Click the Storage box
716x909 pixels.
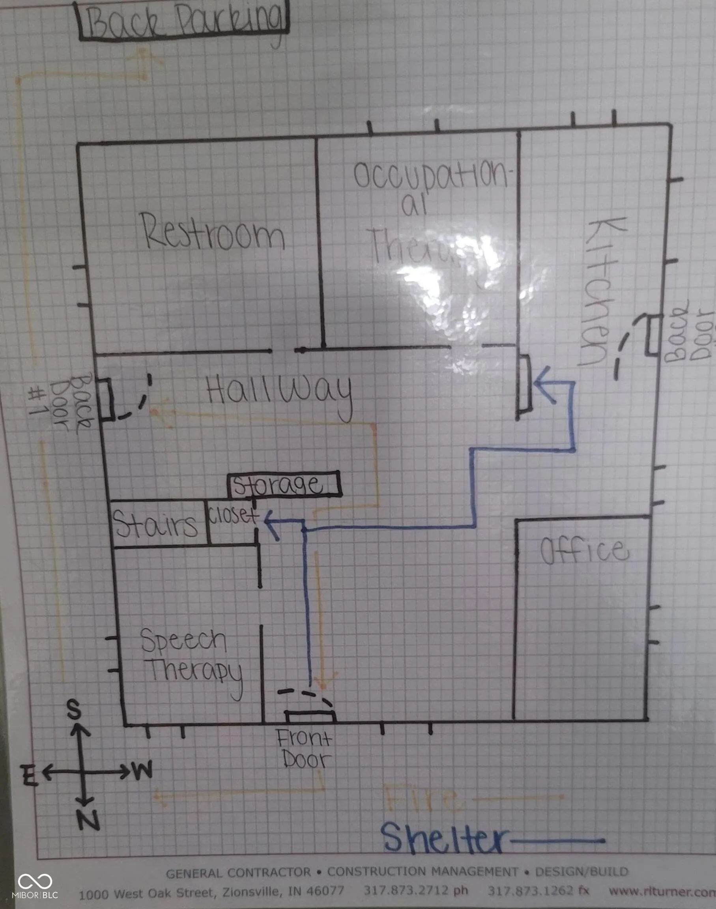pos(284,485)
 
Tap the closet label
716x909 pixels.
pos(233,516)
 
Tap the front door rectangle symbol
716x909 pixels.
pos(310,717)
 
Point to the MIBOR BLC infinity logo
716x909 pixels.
pos(35,882)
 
